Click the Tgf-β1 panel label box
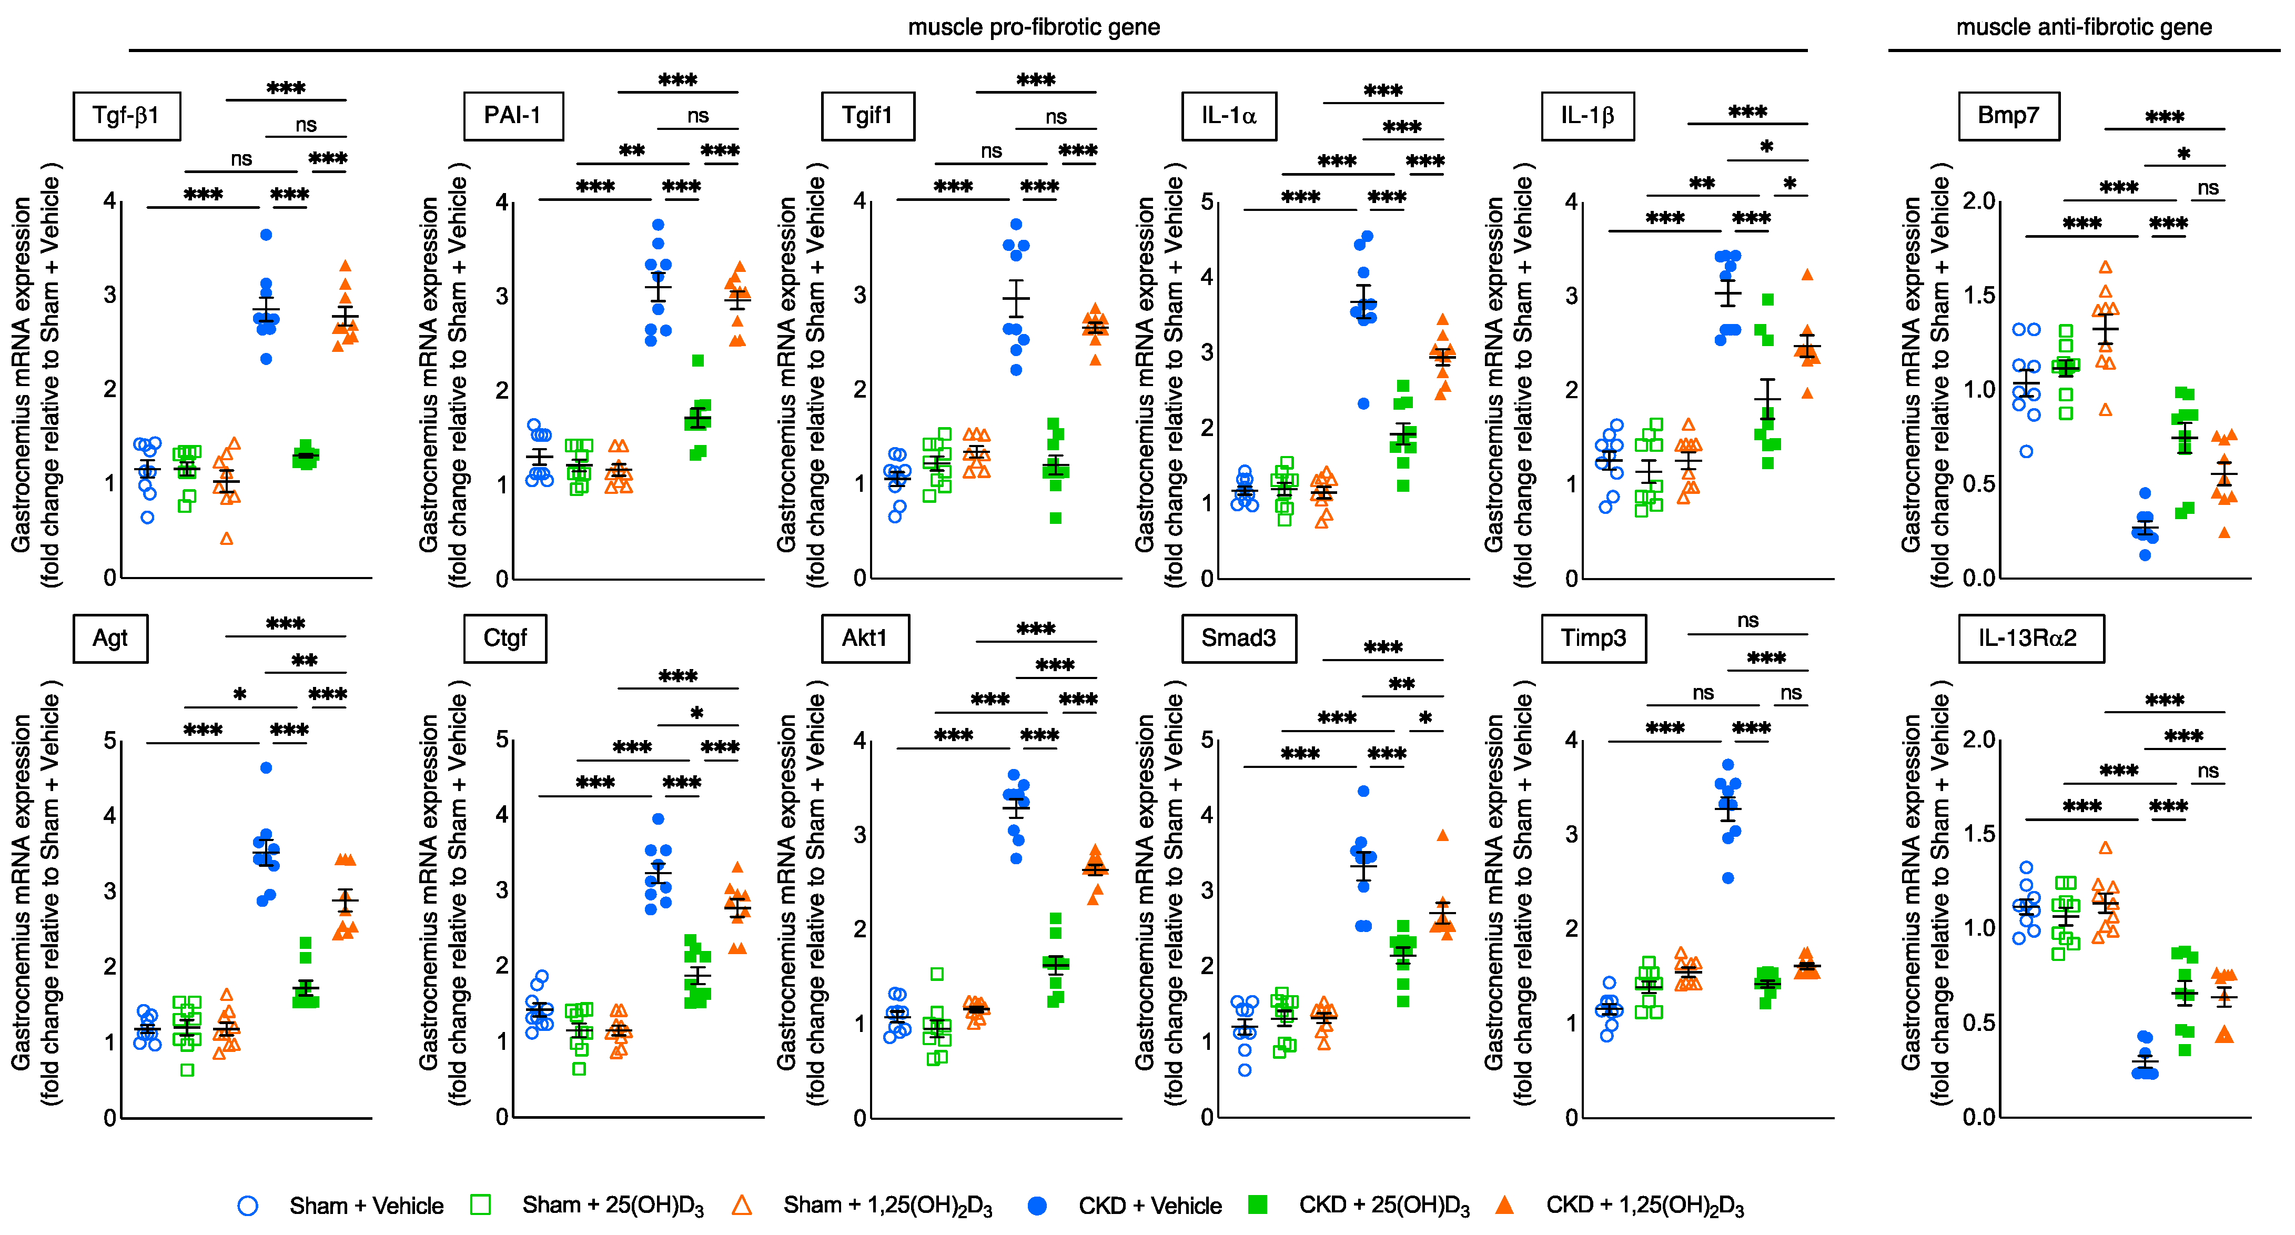(x=127, y=116)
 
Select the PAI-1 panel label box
(x=513, y=116)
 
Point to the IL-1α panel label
(x=1229, y=116)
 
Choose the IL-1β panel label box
(x=1588, y=116)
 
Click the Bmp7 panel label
(x=2008, y=116)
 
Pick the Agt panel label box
(x=110, y=638)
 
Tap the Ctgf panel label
(x=505, y=638)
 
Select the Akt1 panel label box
(x=864, y=638)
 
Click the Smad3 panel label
(x=1238, y=638)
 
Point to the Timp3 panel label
(x=1593, y=638)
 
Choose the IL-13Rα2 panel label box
(x=2030, y=638)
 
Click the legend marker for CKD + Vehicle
(x=1037, y=1206)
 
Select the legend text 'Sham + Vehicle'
(x=366, y=1206)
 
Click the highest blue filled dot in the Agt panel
(x=266, y=767)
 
